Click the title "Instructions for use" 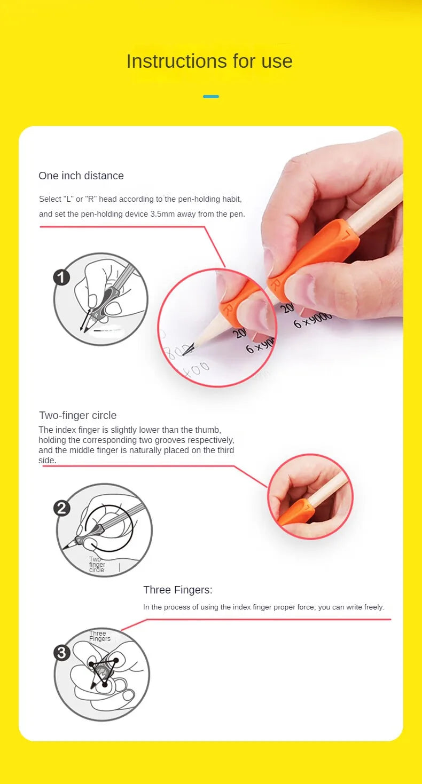click(209, 61)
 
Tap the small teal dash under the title click(211, 97)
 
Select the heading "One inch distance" click(81, 176)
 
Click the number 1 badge click(62, 278)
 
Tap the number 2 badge click(62, 508)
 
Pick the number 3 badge click(62, 653)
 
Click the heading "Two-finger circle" click(77, 415)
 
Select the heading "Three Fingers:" click(177, 590)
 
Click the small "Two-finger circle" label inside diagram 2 click(97, 565)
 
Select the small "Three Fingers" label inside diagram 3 click(99, 636)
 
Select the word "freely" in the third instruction click(373, 607)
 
